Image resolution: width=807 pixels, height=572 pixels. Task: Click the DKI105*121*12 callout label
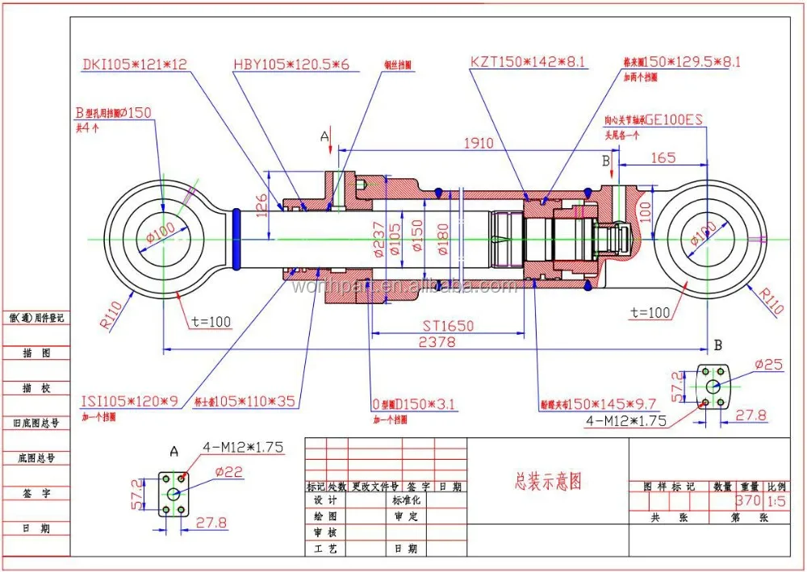point(136,63)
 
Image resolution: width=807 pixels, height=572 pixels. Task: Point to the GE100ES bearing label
point(674,119)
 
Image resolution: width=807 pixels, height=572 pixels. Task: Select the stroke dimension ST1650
point(448,326)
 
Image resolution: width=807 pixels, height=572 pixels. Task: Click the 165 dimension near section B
point(663,158)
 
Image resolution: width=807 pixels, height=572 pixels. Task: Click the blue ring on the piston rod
point(236,239)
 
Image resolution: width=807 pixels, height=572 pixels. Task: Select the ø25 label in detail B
point(768,365)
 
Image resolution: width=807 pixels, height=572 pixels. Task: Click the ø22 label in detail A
point(228,474)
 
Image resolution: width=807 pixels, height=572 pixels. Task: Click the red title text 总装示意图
point(548,482)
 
